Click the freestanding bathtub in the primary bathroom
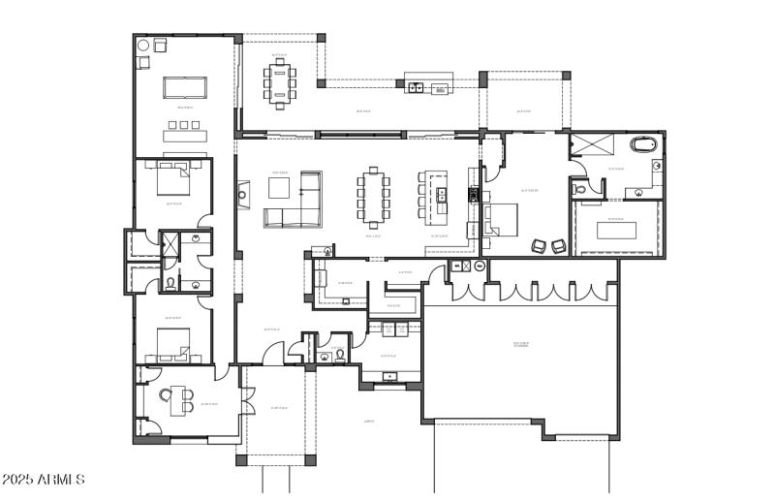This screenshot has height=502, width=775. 643,145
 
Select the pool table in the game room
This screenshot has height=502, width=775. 186,88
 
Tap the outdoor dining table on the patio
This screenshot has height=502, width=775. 280,83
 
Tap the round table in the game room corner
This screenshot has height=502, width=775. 143,45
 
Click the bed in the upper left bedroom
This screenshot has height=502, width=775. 170,181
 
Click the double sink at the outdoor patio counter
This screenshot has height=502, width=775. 416,88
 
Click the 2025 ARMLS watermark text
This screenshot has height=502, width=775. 44,480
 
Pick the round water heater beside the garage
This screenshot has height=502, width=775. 455,266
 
